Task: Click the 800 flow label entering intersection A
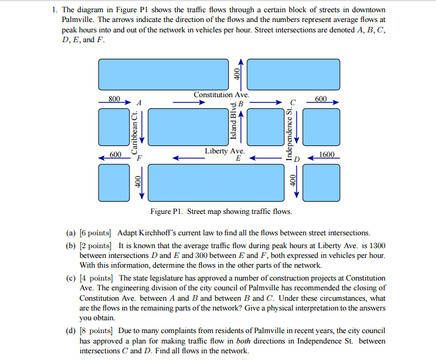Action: pos(114,98)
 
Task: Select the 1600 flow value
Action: pos(327,155)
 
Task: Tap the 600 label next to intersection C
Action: pos(321,98)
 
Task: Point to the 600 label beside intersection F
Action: pos(115,155)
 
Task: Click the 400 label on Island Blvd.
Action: pos(237,72)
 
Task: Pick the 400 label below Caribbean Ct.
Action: pos(139,182)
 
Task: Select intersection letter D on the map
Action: pos(298,160)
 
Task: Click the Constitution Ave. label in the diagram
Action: pos(221,95)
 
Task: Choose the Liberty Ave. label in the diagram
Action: pos(224,150)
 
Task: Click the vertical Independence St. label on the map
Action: pos(289,133)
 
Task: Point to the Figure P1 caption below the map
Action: pos(221,211)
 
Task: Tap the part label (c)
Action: pos(72,278)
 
